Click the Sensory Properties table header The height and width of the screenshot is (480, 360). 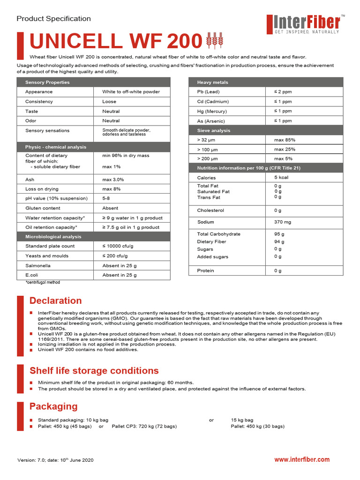(x=47, y=82)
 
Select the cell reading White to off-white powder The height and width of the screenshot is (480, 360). (x=131, y=92)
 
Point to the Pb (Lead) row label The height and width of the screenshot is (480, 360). (x=208, y=92)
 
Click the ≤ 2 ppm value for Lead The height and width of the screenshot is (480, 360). (x=283, y=92)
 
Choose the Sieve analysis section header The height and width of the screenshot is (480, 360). (x=214, y=131)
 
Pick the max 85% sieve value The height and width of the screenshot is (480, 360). (x=285, y=140)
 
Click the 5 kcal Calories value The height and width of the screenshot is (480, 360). (x=282, y=178)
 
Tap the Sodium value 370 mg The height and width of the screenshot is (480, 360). (x=283, y=222)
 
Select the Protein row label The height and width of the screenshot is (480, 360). (x=205, y=270)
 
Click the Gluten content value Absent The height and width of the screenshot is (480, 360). (x=110, y=208)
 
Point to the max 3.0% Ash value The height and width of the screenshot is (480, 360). (x=114, y=180)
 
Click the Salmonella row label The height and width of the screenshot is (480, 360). (x=38, y=266)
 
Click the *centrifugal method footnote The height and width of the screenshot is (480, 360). (x=43, y=283)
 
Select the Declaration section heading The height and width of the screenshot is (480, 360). (x=55, y=300)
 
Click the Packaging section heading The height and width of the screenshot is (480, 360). (x=53, y=406)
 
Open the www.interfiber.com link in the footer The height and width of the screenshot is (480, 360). (x=302, y=460)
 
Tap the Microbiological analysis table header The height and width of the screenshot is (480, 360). (x=53, y=237)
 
